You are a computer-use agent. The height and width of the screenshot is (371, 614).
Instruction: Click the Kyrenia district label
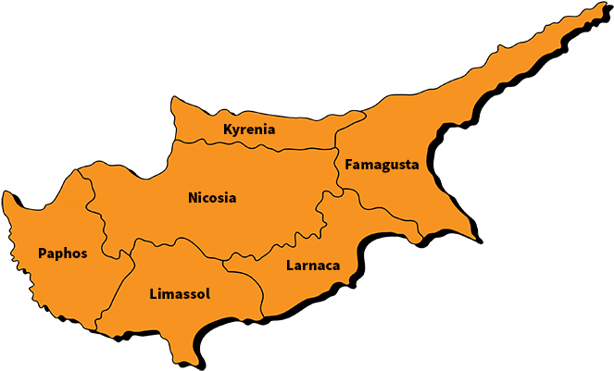click(249, 130)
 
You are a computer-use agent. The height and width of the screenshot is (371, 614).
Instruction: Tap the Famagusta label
click(382, 165)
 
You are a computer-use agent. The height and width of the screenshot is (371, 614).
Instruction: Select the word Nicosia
click(212, 198)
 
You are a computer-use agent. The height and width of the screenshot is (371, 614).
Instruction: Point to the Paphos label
click(62, 253)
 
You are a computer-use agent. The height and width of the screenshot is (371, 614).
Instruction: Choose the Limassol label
click(180, 294)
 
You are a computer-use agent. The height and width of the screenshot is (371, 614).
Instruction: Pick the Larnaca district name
click(313, 266)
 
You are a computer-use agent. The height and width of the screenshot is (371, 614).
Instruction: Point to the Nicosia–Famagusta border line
click(337, 171)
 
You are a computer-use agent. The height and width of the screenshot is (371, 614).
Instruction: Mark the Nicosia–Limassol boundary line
click(185, 242)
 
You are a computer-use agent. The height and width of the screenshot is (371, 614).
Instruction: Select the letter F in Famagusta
click(348, 165)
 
